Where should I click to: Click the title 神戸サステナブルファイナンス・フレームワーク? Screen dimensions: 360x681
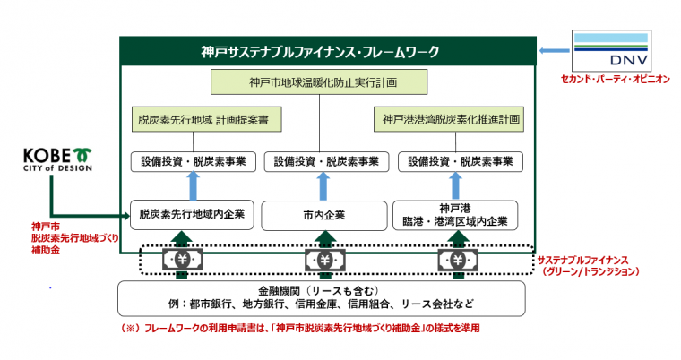click(x=328, y=51)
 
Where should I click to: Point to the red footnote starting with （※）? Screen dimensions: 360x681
click(x=301, y=329)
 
